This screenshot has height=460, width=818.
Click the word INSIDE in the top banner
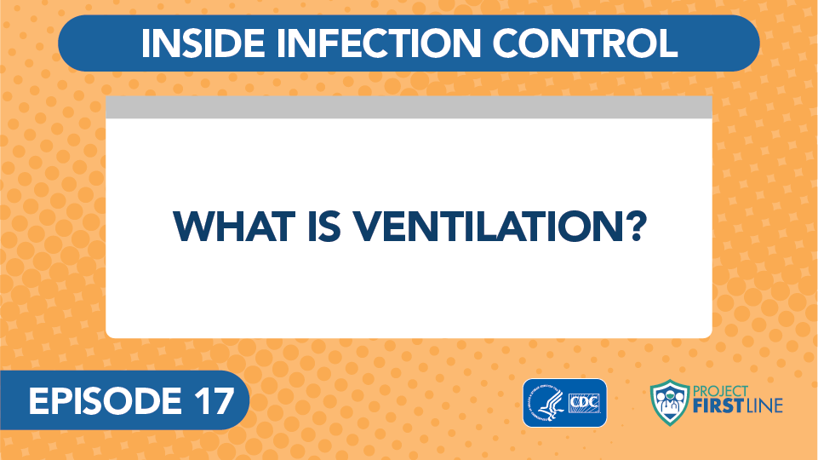[x=203, y=43]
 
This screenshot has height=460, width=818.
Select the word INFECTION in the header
[x=378, y=43]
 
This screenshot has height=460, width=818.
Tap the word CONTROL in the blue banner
[x=584, y=43]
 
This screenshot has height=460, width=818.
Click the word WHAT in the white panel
[x=234, y=227]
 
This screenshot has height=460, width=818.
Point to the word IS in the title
[x=324, y=227]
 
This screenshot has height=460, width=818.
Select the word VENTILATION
[x=489, y=227]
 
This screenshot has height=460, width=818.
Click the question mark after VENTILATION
[x=636, y=227]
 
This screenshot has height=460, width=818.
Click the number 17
[x=215, y=401]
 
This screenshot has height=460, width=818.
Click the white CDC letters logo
[x=584, y=403]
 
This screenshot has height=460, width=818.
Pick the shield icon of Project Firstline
[x=670, y=403]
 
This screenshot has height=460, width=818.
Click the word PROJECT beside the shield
[x=720, y=391]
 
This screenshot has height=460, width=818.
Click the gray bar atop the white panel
[x=409, y=107]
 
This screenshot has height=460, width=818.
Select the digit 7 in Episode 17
[x=223, y=401]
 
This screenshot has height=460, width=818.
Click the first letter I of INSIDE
[x=145, y=43]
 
